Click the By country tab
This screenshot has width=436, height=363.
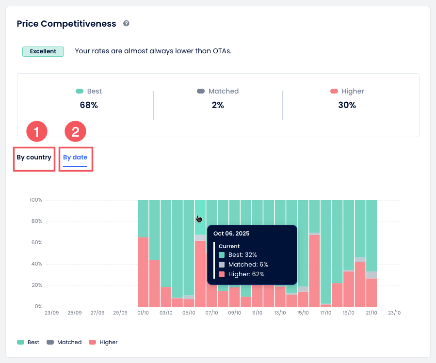(x=34, y=158)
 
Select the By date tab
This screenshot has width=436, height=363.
(x=75, y=158)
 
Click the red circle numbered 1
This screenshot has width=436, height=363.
(x=36, y=131)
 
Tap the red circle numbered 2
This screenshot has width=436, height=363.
(x=75, y=131)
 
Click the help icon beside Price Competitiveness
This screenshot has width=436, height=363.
(x=126, y=23)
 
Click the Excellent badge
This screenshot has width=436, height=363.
(x=43, y=51)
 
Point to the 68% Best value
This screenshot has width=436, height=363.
(x=89, y=105)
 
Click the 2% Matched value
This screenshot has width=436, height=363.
(x=218, y=105)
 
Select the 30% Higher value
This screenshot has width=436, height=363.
(x=347, y=105)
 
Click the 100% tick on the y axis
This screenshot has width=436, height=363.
(x=36, y=200)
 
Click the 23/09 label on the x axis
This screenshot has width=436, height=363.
(x=51, y=313)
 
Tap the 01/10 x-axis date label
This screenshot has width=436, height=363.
(x=143, y=313)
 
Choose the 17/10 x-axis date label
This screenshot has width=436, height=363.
(x=325, y=313)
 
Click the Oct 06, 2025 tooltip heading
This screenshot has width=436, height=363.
(x=231, y=234)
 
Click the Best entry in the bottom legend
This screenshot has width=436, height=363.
(x=29, y=342)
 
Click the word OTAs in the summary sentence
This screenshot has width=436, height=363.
(x=221, y=51)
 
